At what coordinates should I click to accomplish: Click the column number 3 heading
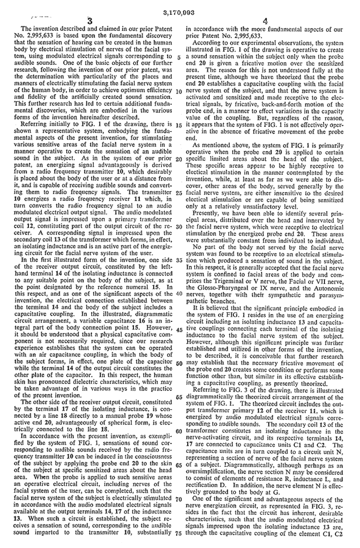90,20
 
